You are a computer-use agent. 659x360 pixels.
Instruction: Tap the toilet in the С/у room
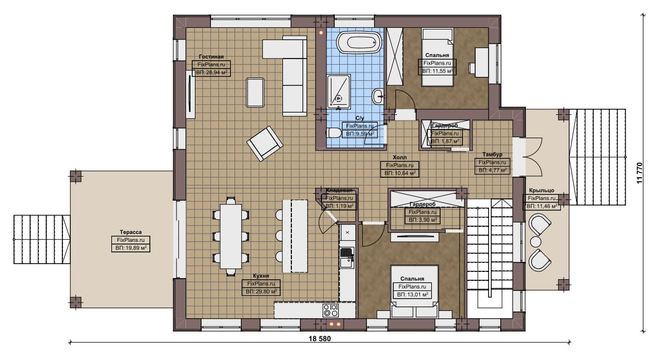point(334,133)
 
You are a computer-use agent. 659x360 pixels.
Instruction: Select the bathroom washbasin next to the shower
point(378,96)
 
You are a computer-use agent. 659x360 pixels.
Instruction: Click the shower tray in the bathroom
point(339,91)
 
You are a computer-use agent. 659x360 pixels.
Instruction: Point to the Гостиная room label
point(211,56)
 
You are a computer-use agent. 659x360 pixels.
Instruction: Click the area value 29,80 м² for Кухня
point(261,291)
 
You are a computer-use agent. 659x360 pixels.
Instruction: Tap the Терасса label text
point(131,232)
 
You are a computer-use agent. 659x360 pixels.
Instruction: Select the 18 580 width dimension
point(320,339)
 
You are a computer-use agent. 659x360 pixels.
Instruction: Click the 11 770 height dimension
point(640,173)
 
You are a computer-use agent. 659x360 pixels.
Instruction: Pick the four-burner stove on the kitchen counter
point(331,310)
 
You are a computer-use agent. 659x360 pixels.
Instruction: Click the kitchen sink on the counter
point(346,257)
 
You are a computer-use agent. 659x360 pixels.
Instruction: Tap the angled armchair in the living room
point(265,143)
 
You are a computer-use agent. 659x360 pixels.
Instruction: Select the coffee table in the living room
point(256,93)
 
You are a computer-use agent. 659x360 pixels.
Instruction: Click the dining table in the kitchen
point(231,236)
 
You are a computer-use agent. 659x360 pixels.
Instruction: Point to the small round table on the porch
point(535,241)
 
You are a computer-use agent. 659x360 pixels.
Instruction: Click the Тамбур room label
point(492,154)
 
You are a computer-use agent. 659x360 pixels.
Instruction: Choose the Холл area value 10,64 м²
point(399,173)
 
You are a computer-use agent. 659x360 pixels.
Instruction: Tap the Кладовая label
point(339,191)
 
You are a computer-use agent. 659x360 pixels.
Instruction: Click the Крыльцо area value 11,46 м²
point(541,206)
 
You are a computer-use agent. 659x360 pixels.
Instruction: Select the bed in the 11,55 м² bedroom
point(437,57)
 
